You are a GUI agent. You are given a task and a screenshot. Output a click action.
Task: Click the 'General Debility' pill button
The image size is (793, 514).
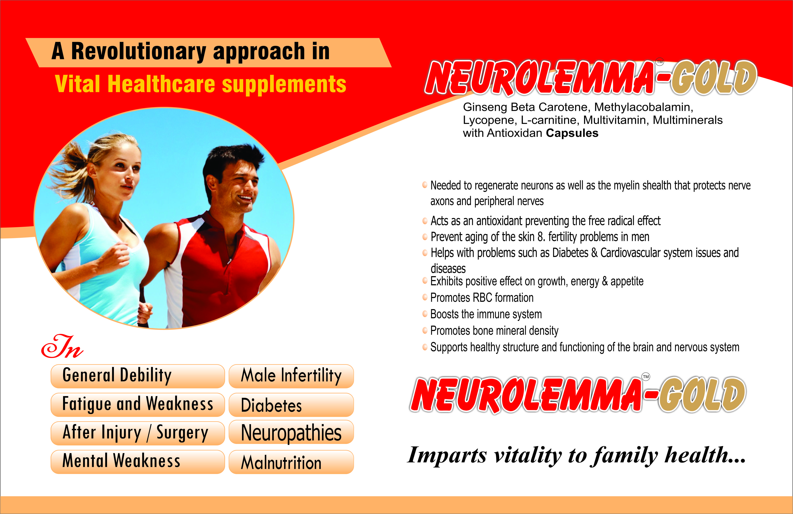tap(138, 376)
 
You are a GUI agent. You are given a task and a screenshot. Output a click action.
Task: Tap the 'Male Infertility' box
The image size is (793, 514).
tap(291, 376)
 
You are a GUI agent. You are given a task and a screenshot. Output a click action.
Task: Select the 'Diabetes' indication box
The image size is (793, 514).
tap(291, 405)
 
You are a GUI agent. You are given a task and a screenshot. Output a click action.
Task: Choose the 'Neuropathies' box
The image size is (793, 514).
tap(291, 432)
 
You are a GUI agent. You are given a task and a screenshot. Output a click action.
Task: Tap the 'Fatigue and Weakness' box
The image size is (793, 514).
tap(138, 405)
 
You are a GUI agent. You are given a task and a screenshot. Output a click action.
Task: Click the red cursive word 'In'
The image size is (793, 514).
tap(62, 347)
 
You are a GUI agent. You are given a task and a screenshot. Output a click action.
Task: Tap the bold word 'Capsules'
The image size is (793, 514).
tap(572, 133)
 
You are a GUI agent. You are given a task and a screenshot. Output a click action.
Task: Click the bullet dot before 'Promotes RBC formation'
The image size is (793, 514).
tap(425, 297)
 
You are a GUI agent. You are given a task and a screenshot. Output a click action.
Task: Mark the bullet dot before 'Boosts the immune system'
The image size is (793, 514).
tap(425, 313)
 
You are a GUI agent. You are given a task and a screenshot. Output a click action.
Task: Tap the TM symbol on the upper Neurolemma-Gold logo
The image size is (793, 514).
tap(660, 62)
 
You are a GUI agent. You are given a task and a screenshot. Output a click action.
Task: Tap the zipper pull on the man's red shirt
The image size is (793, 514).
tap(229, 262)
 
